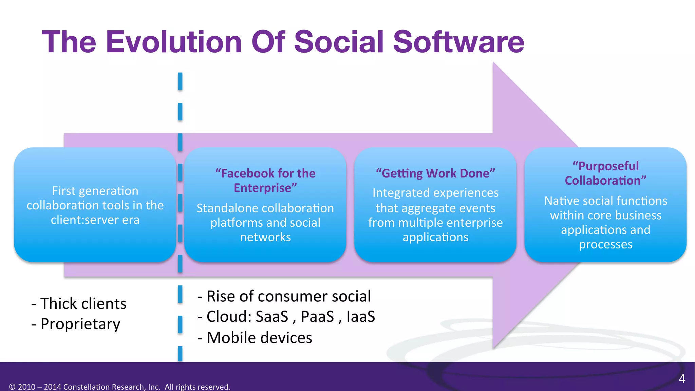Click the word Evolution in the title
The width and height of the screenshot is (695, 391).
coord(173,42)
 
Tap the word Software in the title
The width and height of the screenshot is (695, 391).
coord(458,42)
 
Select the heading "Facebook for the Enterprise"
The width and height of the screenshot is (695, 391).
coord(265,180)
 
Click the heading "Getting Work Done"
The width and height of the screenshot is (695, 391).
coord(435,173)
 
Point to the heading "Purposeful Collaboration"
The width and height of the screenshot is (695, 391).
coord(605,173)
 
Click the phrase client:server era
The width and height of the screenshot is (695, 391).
coord(95,220)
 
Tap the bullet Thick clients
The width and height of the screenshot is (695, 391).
coord(79,303)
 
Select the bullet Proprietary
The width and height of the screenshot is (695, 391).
coord(76,324)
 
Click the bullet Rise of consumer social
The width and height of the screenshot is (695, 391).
coord(284,296)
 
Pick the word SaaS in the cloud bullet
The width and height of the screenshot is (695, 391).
coord(272,316)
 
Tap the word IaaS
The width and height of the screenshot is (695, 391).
coord(360,316)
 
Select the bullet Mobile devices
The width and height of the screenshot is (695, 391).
coord(255,338)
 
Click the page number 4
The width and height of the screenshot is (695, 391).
coord(682,379)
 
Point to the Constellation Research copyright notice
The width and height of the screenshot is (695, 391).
coord(119,387)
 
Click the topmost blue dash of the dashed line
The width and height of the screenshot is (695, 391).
coord(180,81)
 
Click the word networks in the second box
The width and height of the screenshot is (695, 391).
coord(265,237)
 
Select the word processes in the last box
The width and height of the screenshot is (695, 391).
coord(605,244)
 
